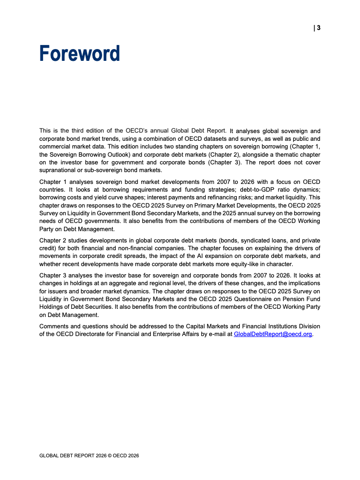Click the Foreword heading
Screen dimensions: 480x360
click(79, 54)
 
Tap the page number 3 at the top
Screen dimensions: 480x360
click(319, 28)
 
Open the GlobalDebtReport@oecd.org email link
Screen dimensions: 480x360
click(273, 334)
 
